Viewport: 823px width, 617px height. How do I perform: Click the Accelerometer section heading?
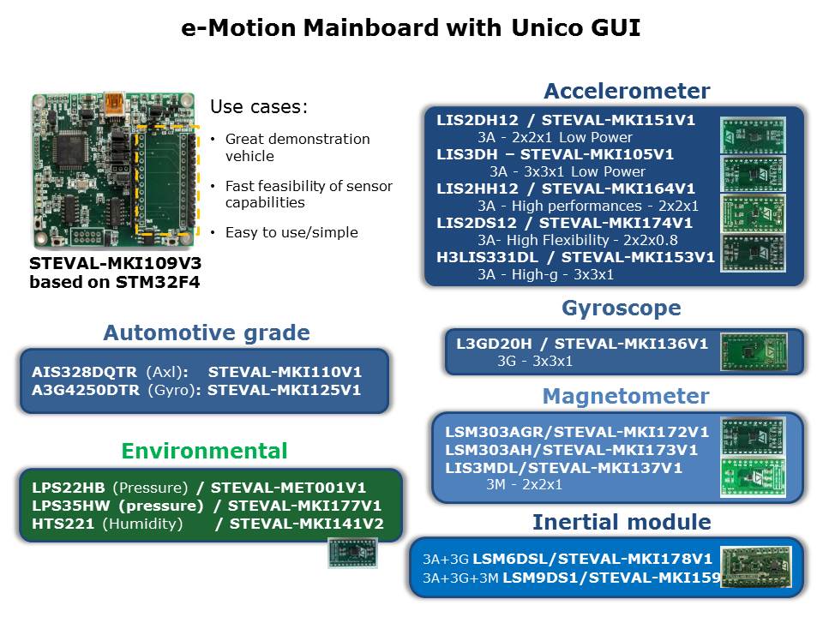[627, 91]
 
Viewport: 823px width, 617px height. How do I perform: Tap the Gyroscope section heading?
[622, 308]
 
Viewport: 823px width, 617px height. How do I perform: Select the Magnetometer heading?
[626, 396]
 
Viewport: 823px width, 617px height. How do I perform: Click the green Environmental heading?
[204, 451]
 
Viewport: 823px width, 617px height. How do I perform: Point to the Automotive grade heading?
[207, 332]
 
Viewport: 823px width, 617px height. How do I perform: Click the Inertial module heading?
[622, 522]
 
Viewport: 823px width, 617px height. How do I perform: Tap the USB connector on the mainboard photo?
[114, 105]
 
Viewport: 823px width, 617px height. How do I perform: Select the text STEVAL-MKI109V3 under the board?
[115, 263]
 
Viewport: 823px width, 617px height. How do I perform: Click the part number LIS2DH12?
[478, 120]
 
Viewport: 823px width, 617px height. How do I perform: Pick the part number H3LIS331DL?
[487, 257]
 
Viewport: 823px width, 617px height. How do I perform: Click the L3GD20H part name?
[494, 344]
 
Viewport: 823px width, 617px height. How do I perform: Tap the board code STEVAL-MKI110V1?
[285, 372]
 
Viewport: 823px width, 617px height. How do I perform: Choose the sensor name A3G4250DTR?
[86, 391]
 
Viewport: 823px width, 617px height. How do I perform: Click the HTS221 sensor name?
[63, 524]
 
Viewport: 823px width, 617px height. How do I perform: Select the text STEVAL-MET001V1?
[288, 488]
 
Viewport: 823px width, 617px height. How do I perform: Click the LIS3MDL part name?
[483, 468]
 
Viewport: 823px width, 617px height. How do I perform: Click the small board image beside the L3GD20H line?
[754, 351]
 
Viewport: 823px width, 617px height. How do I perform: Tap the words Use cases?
[259, 107]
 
